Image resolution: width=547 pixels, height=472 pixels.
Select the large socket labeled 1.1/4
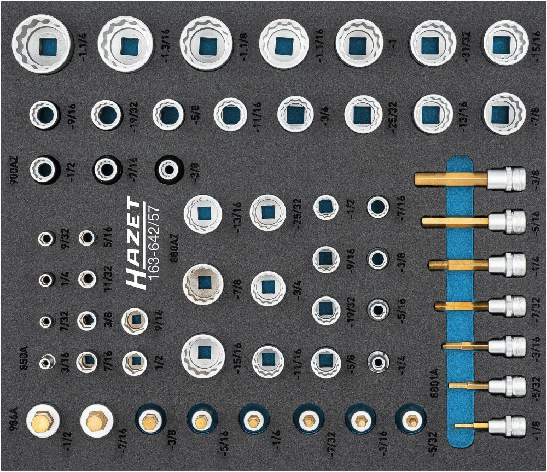(x=41, y=45)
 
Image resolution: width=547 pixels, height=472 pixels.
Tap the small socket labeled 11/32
(x=87, y=278)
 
